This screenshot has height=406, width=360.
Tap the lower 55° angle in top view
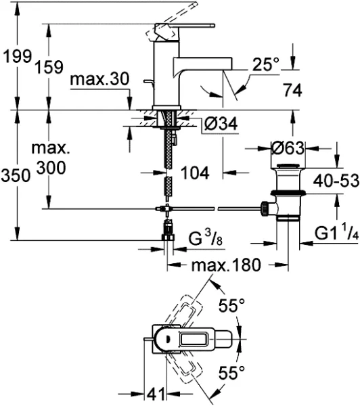pyautogui.click(x=231, y=371)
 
